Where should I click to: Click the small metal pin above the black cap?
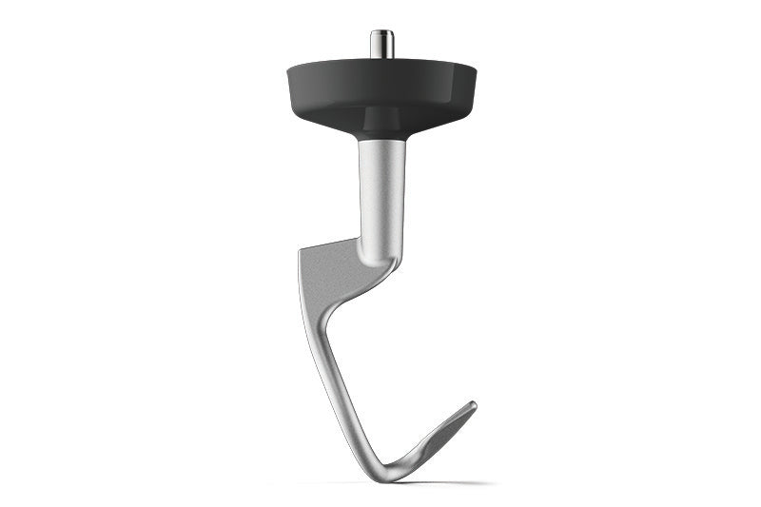381,45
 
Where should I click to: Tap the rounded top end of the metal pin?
381,32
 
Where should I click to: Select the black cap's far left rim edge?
288,72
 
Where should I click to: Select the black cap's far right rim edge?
475,72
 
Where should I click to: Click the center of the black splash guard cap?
381,90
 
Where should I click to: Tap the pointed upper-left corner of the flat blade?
300,249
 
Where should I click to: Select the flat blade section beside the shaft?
333,266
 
